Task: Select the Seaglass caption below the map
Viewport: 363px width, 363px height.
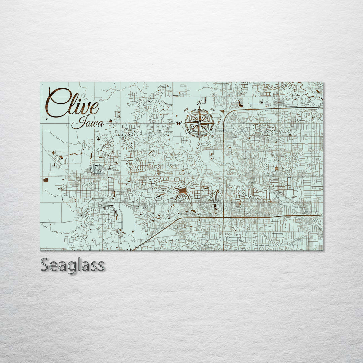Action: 72,266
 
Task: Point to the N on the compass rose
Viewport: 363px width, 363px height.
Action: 199,103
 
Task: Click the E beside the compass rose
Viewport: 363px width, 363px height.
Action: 218,123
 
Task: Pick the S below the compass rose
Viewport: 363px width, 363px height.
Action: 199,144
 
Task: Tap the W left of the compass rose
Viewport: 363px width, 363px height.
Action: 179,123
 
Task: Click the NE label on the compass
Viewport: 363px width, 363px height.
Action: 212,110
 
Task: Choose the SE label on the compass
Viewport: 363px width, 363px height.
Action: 212,136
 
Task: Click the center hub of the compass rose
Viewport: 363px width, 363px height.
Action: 199,123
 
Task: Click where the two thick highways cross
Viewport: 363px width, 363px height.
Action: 224,217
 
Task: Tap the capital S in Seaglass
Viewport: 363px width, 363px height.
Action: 45,266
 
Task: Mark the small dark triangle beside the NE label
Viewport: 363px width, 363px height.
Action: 221,111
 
